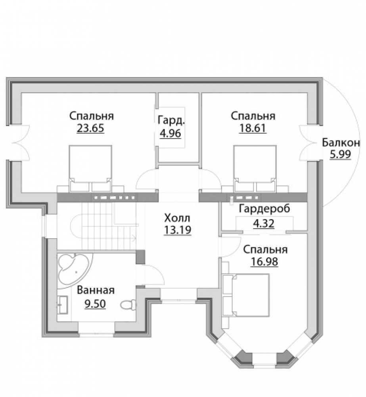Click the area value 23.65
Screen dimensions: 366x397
click(x=90, y=128)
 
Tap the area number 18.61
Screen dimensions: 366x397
click(x=253, y=128)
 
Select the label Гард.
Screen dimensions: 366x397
click(x=171, y=121)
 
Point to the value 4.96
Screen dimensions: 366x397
click(x=171, y=133)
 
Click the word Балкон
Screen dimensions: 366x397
click(x=341, y=143)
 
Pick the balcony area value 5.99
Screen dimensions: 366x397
click(x=341, y=154)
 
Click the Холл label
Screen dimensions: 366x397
click(x=177, y=218)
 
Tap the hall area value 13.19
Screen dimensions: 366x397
click(x=177, y=230)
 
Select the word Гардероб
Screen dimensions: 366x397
click(x=264, y=209)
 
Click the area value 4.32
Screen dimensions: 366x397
click(x=264, y=224)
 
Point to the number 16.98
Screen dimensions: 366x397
click(x=264, y=262)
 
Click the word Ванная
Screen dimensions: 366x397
click(x=96, y=290)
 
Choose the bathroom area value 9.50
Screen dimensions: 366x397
click(x=95, y=304)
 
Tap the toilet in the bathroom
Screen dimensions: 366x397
click(x=128, y=304)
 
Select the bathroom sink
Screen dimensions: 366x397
click(x=62, y=305)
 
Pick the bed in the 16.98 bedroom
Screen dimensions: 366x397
click(x=245, y=295)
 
